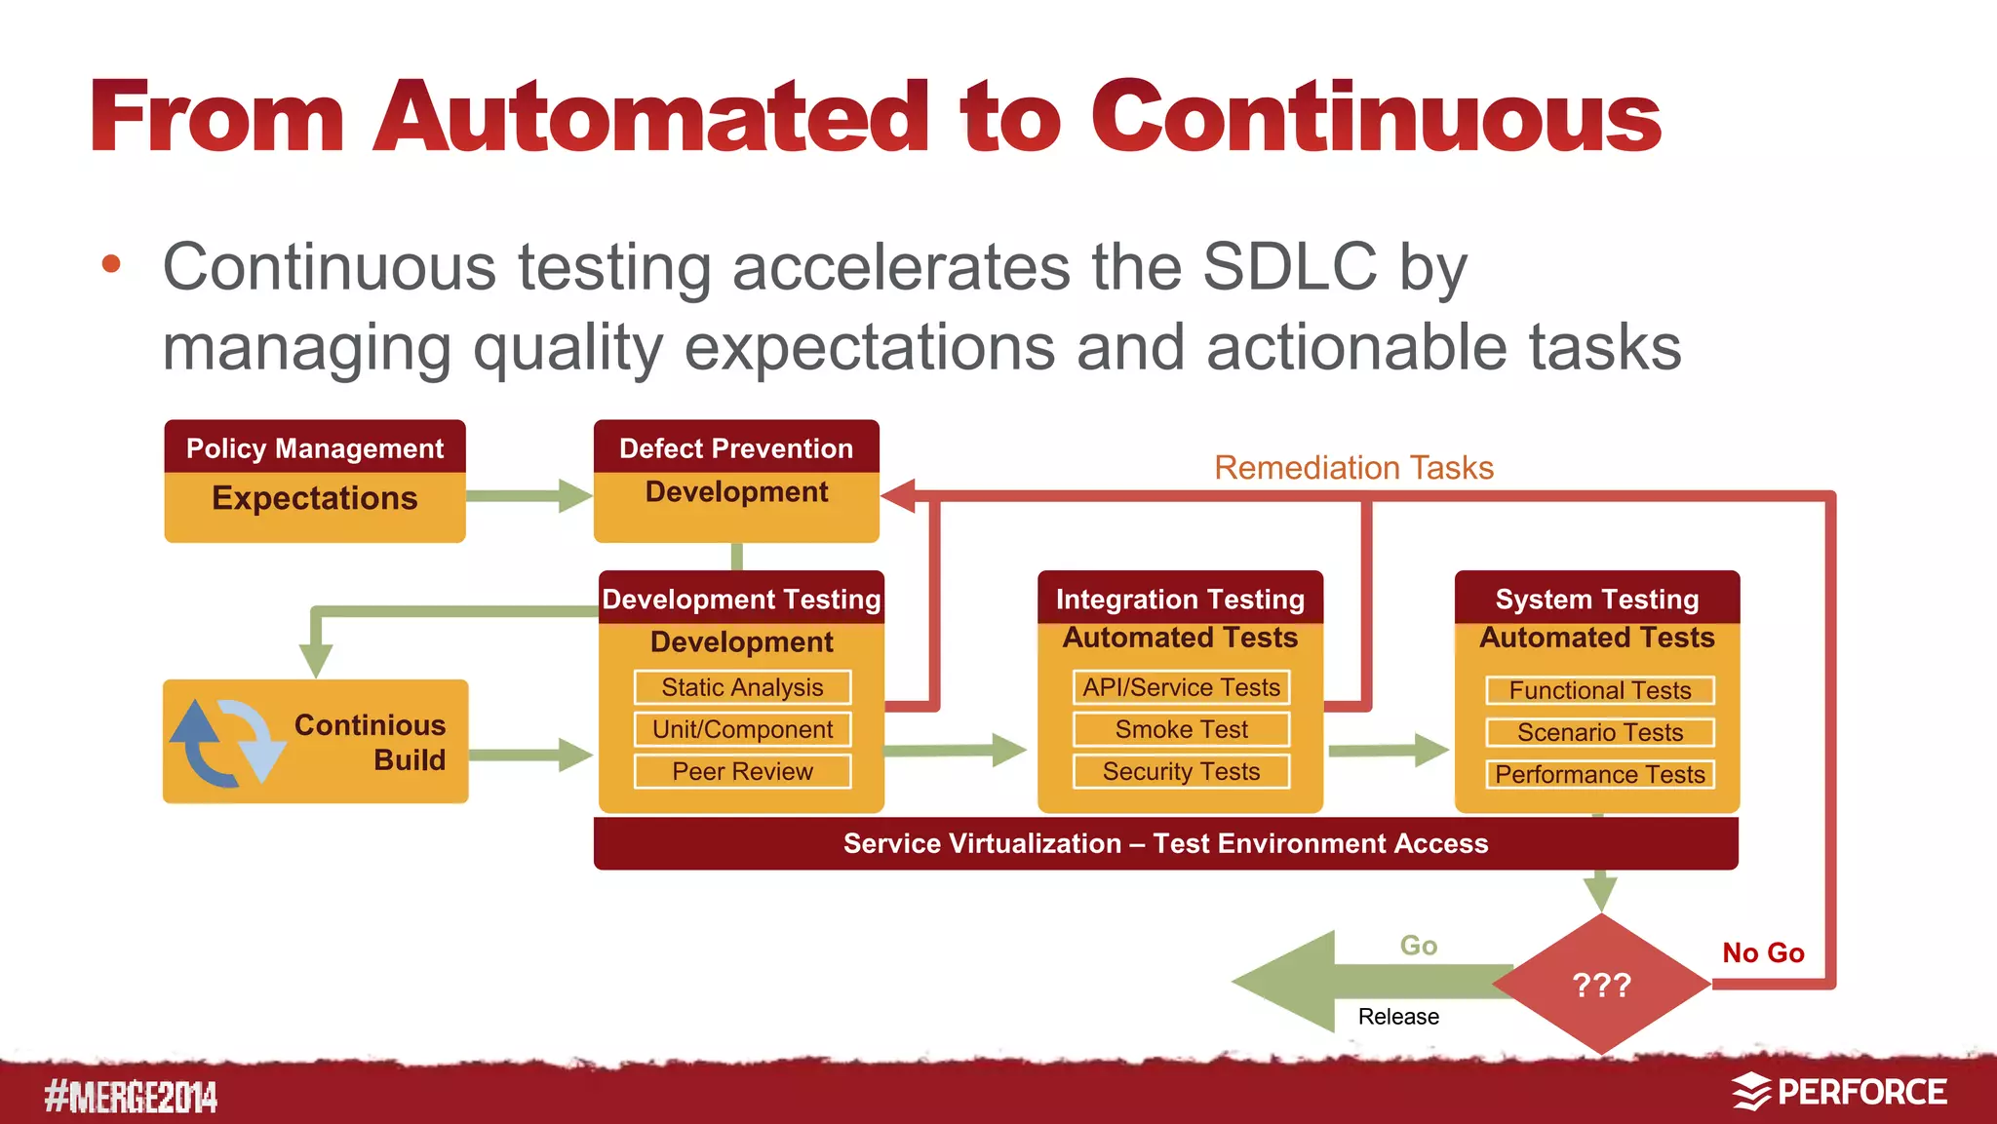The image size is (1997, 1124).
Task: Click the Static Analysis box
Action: pyautogui.click(x=742, y=687)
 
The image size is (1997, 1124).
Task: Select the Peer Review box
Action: pyautogui.click(x=742, y=771)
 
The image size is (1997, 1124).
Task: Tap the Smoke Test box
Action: pyautogui.click(x=1181, y=729)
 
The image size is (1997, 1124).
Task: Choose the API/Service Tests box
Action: pyautogui.click(x=1181, y=687)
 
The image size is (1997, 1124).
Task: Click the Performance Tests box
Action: pyautogui.click(x=1599, y=774)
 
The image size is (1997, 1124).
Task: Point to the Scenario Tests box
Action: pyautogui.click(x=1599, y=732)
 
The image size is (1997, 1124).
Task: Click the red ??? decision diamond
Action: pyautogui.click(x=1601, y=985)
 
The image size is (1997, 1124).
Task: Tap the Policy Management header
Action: pyautogui.click(x=314, y=448)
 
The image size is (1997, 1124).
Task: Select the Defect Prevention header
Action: pyautogui.click(x=736, y=448)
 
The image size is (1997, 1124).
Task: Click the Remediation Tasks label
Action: pyautogui.click(x=1353, y=468)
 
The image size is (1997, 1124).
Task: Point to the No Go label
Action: pyautogui.click(x=1763, y=952)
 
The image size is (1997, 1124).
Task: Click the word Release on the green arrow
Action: pyautogui.click(x=1398, y=1017)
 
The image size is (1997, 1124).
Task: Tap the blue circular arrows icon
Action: pyautogui.click(x=227, y=743)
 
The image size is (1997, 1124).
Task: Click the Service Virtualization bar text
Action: pyautogui.click(x=1165, y=843)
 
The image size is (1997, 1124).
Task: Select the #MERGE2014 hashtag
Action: pyautogui.click(x=131, y=1097)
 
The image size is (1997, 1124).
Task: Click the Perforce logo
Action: pyautogui.click(x=1840, y=1092)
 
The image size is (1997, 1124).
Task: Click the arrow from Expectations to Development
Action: pyautogui.click(x=528, y=495)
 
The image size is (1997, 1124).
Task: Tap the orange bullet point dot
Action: pyautogui.click(x=111, y=263)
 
